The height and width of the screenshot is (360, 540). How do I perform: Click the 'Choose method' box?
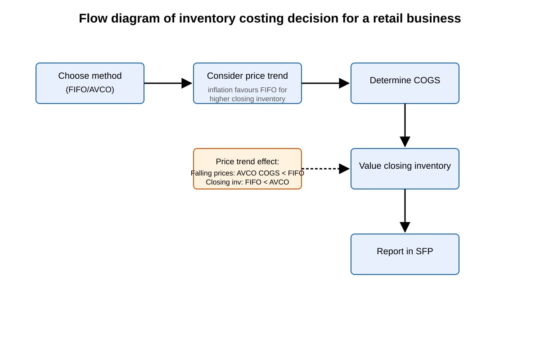[90, 83]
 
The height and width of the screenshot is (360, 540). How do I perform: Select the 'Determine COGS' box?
[405, 83]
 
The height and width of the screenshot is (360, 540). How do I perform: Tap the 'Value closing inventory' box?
[405, 169]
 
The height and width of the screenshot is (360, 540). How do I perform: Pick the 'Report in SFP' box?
[405, 254]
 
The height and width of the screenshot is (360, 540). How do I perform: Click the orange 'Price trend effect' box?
[247, 169]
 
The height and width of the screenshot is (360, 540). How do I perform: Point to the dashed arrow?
[326, 169]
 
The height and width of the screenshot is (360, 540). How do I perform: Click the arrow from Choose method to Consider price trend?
[168, 83]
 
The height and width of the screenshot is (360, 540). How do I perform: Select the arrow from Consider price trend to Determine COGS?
[326, 83]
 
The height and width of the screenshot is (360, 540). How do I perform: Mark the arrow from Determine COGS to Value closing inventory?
[405, 126]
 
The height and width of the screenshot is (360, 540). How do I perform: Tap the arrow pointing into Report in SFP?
[405, 211]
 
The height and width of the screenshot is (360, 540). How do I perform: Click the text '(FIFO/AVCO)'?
[90, 90]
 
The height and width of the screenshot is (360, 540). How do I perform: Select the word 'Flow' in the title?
[93, 18]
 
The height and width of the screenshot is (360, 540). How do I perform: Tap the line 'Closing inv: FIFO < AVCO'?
[247, 182]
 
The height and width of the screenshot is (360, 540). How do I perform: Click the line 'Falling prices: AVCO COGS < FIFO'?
[247, 173]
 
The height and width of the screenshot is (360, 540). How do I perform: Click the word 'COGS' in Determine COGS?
[427, 80]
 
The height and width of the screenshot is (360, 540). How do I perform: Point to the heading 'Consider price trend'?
[247, 76]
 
